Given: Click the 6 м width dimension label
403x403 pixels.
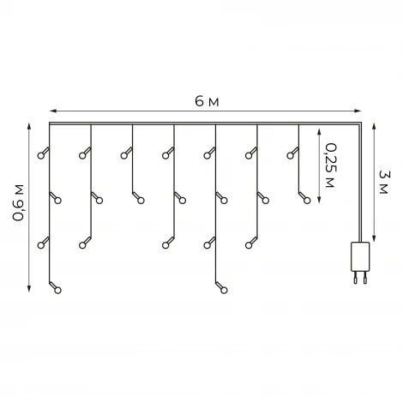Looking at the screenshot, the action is tap(207, 101).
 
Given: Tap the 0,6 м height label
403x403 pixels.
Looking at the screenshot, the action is tap(19, 203).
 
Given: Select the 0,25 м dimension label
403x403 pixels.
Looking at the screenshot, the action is tap(330, 165).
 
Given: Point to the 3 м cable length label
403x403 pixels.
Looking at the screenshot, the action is tap(383, 182).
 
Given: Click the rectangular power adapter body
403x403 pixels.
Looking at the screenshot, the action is tap(360, 256).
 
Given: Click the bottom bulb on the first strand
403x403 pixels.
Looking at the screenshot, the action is tap(57, 291).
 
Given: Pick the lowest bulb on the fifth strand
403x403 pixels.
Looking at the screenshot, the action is tap(224, 291).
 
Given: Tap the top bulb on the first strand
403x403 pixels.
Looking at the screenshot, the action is tap(41, 156).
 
